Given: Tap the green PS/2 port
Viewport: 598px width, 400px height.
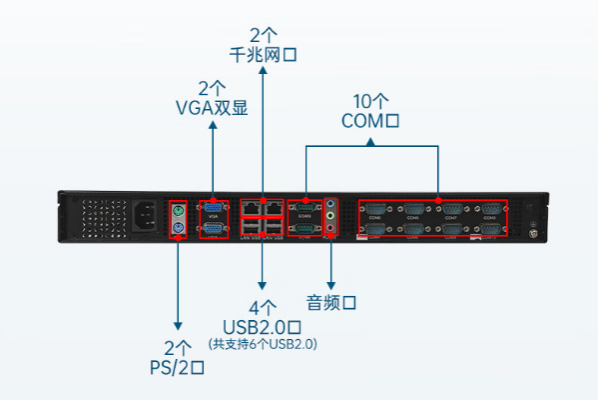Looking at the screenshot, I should (x=179, y=210).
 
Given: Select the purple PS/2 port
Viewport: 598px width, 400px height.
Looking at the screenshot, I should (x=179, y=229).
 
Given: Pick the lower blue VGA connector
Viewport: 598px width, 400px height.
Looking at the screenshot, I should (x=213, y=229).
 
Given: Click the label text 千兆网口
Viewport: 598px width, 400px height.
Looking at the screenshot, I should (x=263, y=55).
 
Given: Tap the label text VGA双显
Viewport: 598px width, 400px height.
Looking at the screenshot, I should (x=212, y=108).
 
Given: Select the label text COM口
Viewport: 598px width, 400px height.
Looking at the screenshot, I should (x=370, y=122).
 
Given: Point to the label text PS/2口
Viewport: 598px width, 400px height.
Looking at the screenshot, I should (x=177, y=367).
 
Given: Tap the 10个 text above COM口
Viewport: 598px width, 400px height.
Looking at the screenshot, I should (x=370, y=101).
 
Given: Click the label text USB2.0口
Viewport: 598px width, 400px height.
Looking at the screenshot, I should (x=262, y=325).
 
